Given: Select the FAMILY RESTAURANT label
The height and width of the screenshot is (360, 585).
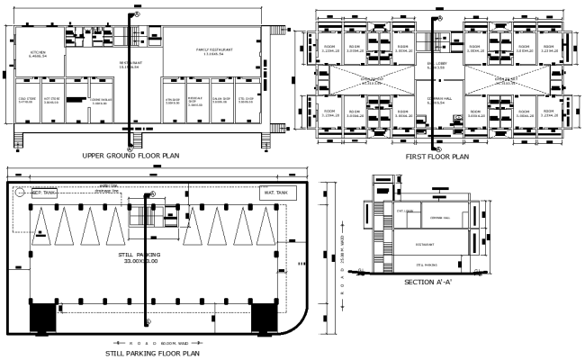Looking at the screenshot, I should tap(214, 50).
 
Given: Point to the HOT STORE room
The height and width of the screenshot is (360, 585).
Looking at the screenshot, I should tap(52, 100).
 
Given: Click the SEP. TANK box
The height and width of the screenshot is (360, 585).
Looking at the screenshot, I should tap(45, 193).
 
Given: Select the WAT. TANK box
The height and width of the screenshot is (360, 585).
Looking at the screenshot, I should tap(274, 193).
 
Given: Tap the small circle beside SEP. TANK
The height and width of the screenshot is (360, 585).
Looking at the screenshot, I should tap(17, 192).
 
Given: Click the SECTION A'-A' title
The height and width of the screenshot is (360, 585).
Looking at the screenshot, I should tap(428, 283).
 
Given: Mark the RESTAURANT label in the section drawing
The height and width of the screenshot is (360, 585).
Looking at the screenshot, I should tap(425, 243).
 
